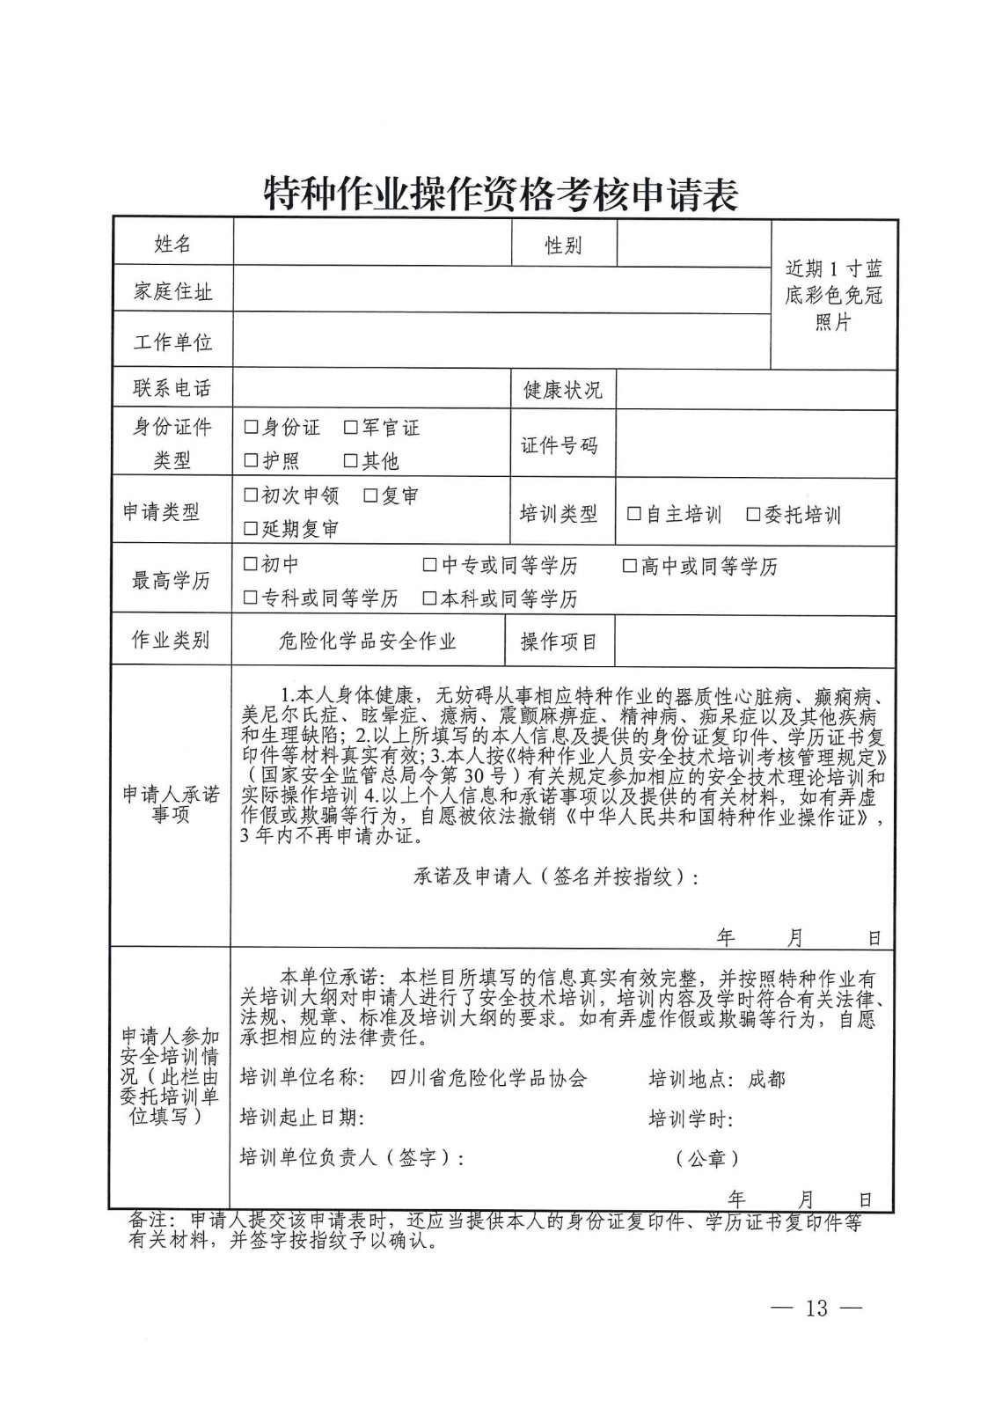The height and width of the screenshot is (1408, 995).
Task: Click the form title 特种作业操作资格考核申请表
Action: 501,194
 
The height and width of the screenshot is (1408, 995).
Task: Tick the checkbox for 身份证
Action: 251,428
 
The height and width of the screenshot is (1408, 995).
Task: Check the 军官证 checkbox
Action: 351,428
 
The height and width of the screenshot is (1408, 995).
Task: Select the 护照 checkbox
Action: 251,460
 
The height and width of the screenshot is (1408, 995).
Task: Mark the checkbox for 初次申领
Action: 251,495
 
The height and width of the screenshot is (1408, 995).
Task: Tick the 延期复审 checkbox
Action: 251,529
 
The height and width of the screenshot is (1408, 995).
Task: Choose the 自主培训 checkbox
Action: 633,514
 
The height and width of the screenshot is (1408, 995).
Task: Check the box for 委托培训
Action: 752,514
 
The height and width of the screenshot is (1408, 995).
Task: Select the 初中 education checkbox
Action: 251,564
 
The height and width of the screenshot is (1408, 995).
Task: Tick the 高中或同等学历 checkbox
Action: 629,566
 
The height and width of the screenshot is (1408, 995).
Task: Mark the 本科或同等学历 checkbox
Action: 429,598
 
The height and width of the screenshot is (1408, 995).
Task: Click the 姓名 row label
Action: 172,244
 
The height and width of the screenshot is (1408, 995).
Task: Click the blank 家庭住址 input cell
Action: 501,290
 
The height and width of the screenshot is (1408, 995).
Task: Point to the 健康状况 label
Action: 562,390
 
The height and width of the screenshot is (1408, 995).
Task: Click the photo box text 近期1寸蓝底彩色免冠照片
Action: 833,295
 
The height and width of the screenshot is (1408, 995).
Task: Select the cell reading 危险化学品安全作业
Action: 368,642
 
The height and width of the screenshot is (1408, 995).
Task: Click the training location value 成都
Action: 766,1079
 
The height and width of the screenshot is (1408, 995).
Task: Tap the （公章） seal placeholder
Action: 706,1158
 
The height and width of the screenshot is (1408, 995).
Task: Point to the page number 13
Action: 816,1308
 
